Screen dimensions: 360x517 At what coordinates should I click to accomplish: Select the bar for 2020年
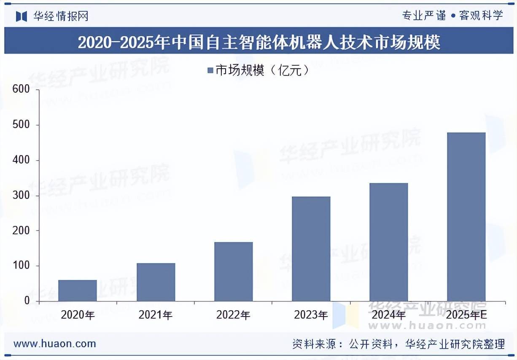point(78,290)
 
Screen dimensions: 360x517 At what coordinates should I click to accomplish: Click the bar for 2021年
point(156,282)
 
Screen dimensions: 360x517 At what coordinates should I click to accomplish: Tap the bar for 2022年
point(233,271)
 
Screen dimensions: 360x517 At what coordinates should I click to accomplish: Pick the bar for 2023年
point(311,249)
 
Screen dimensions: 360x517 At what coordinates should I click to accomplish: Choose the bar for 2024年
point(388,242)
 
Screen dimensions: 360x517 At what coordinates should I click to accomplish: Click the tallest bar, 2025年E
point(466,217)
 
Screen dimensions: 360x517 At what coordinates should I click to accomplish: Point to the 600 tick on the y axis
point(21,89)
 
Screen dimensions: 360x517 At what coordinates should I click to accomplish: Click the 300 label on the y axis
point(21,196)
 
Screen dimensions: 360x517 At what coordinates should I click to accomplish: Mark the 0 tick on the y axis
point(27,301)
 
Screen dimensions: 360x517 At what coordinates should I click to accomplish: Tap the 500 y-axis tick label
point(21,125)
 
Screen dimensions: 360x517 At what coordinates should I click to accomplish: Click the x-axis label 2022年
point(233,315)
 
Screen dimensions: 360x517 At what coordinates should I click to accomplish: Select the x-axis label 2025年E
point(466,315)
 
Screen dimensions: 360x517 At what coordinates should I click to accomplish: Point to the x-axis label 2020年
point(78,315)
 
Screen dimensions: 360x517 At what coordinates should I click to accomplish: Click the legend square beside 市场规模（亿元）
point(210,70)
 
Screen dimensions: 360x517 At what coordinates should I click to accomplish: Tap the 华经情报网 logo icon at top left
point(22,16)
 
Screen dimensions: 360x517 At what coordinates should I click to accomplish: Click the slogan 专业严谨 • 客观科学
point(452,16)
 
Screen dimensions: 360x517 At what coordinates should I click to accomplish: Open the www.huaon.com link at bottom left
point(55,344)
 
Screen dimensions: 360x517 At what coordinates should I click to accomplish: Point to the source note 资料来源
point(398,344)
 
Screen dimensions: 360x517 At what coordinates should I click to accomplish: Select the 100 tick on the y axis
point(21,266)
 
